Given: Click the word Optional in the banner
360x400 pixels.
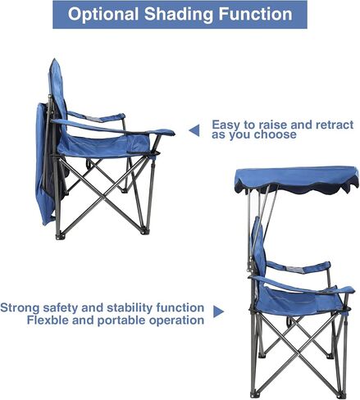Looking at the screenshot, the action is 103,14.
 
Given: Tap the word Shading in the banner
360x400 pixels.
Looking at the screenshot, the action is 179,14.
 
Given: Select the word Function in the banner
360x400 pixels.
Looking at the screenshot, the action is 256,14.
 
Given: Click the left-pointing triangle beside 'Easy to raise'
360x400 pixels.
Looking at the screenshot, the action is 194,130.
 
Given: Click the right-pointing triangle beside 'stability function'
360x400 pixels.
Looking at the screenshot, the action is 219,311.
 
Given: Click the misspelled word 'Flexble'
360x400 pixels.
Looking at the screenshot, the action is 48,320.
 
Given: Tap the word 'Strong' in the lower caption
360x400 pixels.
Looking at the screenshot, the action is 20,308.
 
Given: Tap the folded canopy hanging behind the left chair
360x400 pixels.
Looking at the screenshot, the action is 43,163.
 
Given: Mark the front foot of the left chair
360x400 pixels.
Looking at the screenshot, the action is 144,231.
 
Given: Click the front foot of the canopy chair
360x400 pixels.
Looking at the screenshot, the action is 342,395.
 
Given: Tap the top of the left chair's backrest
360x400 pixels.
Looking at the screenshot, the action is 54,61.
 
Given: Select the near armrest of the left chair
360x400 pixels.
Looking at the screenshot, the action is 112,128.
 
